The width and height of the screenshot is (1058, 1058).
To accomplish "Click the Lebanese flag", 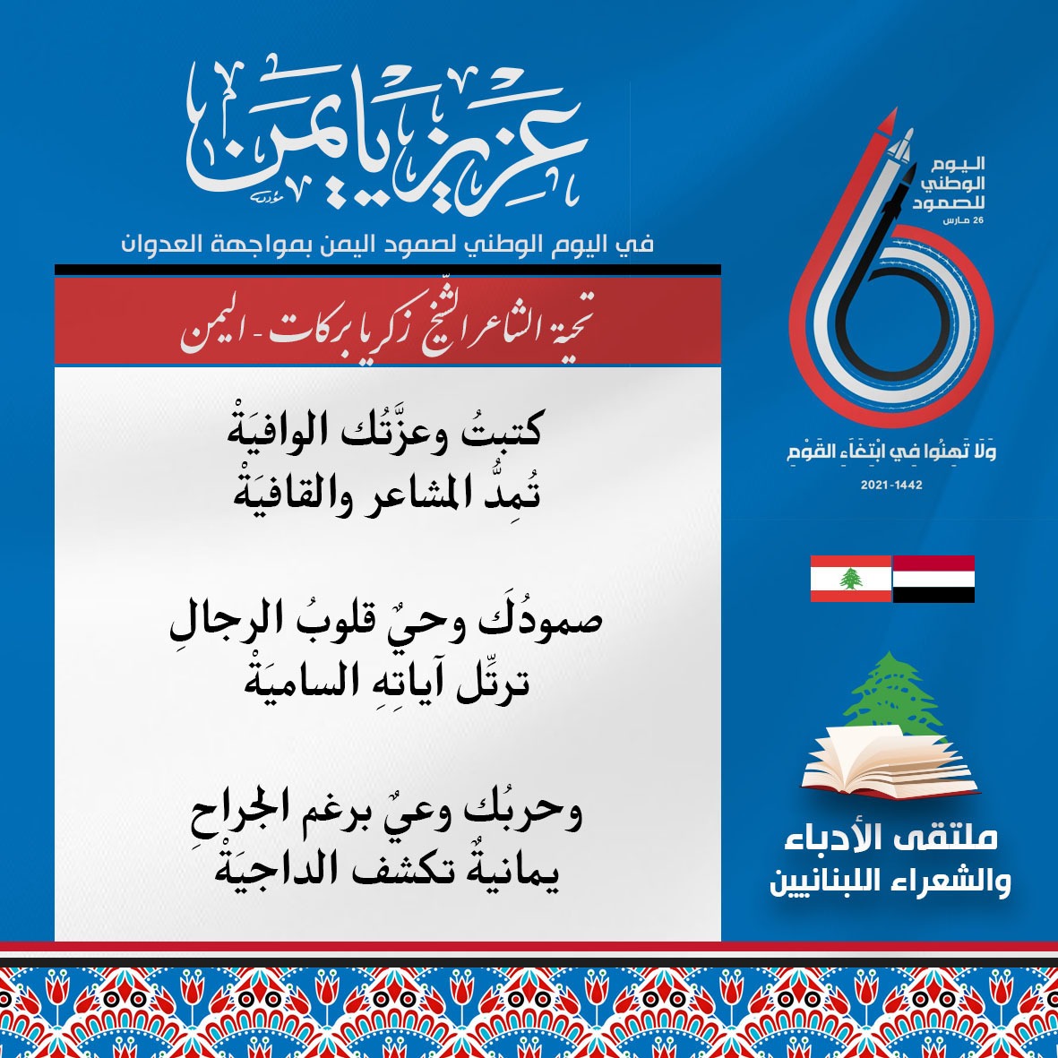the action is [x=851, y=578].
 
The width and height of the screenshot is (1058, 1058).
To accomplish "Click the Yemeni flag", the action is [x=933, y=578].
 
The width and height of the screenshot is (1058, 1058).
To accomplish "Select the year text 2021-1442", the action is [x=891, y=485].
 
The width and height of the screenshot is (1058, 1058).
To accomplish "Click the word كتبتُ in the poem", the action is [x=500, y=429].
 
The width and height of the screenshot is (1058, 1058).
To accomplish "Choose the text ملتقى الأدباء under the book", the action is [x=890, y=838].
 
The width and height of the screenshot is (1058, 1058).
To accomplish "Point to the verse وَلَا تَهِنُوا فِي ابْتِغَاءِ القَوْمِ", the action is [x=891, y=451].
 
